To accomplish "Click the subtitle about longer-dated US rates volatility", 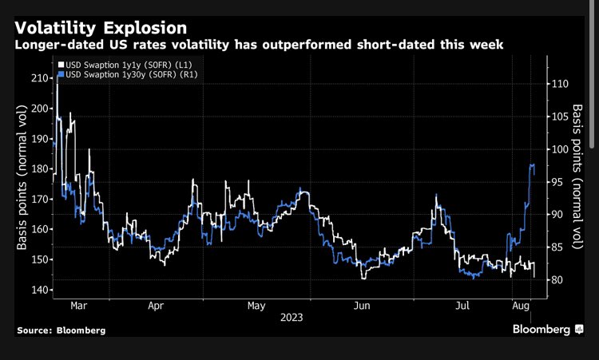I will pos(260,45).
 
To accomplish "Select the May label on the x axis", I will pos(256,305).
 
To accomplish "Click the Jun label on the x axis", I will pos(361,305).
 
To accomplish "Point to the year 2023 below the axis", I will pos(291,317).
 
